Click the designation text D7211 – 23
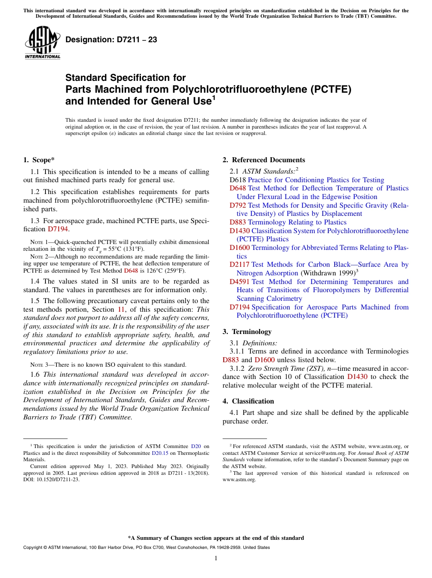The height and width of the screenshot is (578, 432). tap(111, 40)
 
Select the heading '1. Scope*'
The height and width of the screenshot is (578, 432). tap(39, 160)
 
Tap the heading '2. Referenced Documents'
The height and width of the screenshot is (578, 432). tap(264, 160)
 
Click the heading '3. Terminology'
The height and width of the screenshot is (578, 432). tap(247, 332)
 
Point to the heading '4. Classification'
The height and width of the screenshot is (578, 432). tap(248, 401)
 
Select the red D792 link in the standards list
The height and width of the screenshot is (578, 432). tap(237, 205)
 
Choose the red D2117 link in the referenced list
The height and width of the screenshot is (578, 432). tap(239, 264)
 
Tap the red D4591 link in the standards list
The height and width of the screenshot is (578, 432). tap(239, 282)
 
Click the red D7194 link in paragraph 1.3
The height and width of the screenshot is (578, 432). tap(58, 229)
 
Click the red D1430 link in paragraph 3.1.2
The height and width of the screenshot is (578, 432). tap(357, 377)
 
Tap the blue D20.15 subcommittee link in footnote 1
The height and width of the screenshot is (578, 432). tap(160, 453)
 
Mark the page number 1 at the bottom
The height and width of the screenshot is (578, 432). tap(216, 558)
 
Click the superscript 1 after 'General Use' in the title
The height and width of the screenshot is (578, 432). tap(214, 97)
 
